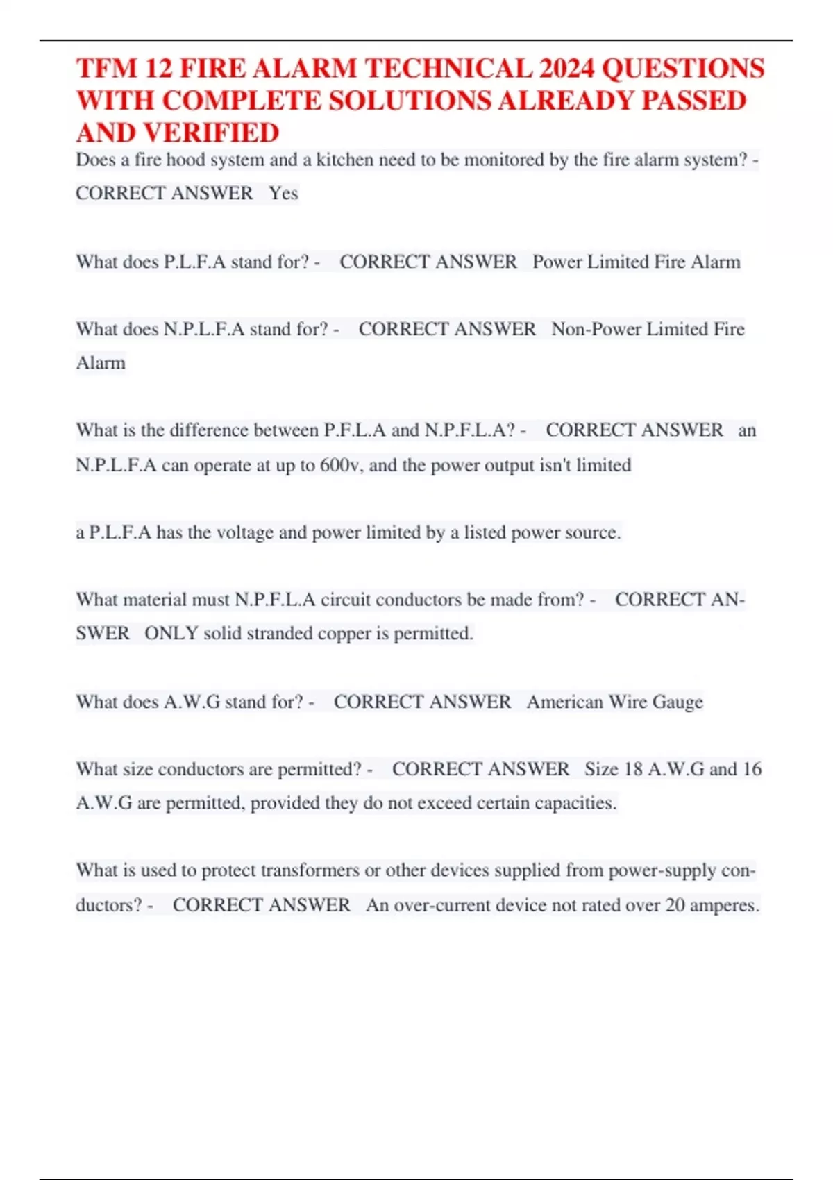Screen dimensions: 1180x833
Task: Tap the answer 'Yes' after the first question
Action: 283,193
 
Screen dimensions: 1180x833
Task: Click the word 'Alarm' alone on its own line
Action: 101,363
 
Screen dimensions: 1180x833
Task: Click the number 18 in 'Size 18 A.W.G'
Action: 633,769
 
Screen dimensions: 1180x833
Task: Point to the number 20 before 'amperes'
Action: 675,905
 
